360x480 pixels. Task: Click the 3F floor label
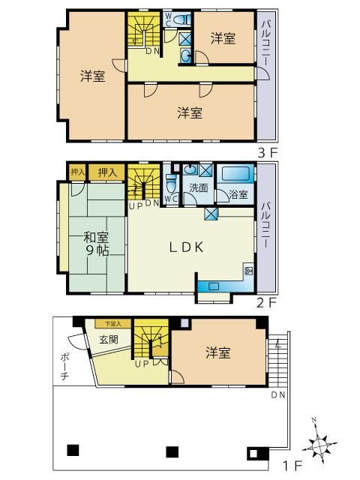267,153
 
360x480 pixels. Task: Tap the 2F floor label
266,303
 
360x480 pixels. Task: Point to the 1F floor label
292,466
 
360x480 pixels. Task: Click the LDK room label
187,247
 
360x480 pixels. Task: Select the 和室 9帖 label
97,244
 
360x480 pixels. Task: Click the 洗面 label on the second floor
199,188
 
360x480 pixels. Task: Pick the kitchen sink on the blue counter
214,286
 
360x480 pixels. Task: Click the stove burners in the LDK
248,270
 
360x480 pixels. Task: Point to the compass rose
319,443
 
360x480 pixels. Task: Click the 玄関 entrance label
109,339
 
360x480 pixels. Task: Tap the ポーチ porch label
64,367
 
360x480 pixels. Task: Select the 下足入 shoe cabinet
113,324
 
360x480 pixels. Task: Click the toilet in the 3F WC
181,19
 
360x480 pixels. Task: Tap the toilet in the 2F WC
171,183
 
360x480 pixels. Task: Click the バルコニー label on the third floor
265,45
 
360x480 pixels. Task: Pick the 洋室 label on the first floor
217,352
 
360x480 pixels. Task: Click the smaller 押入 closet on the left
77,172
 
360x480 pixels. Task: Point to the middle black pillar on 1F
172,451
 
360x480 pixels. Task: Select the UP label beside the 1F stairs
142,364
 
